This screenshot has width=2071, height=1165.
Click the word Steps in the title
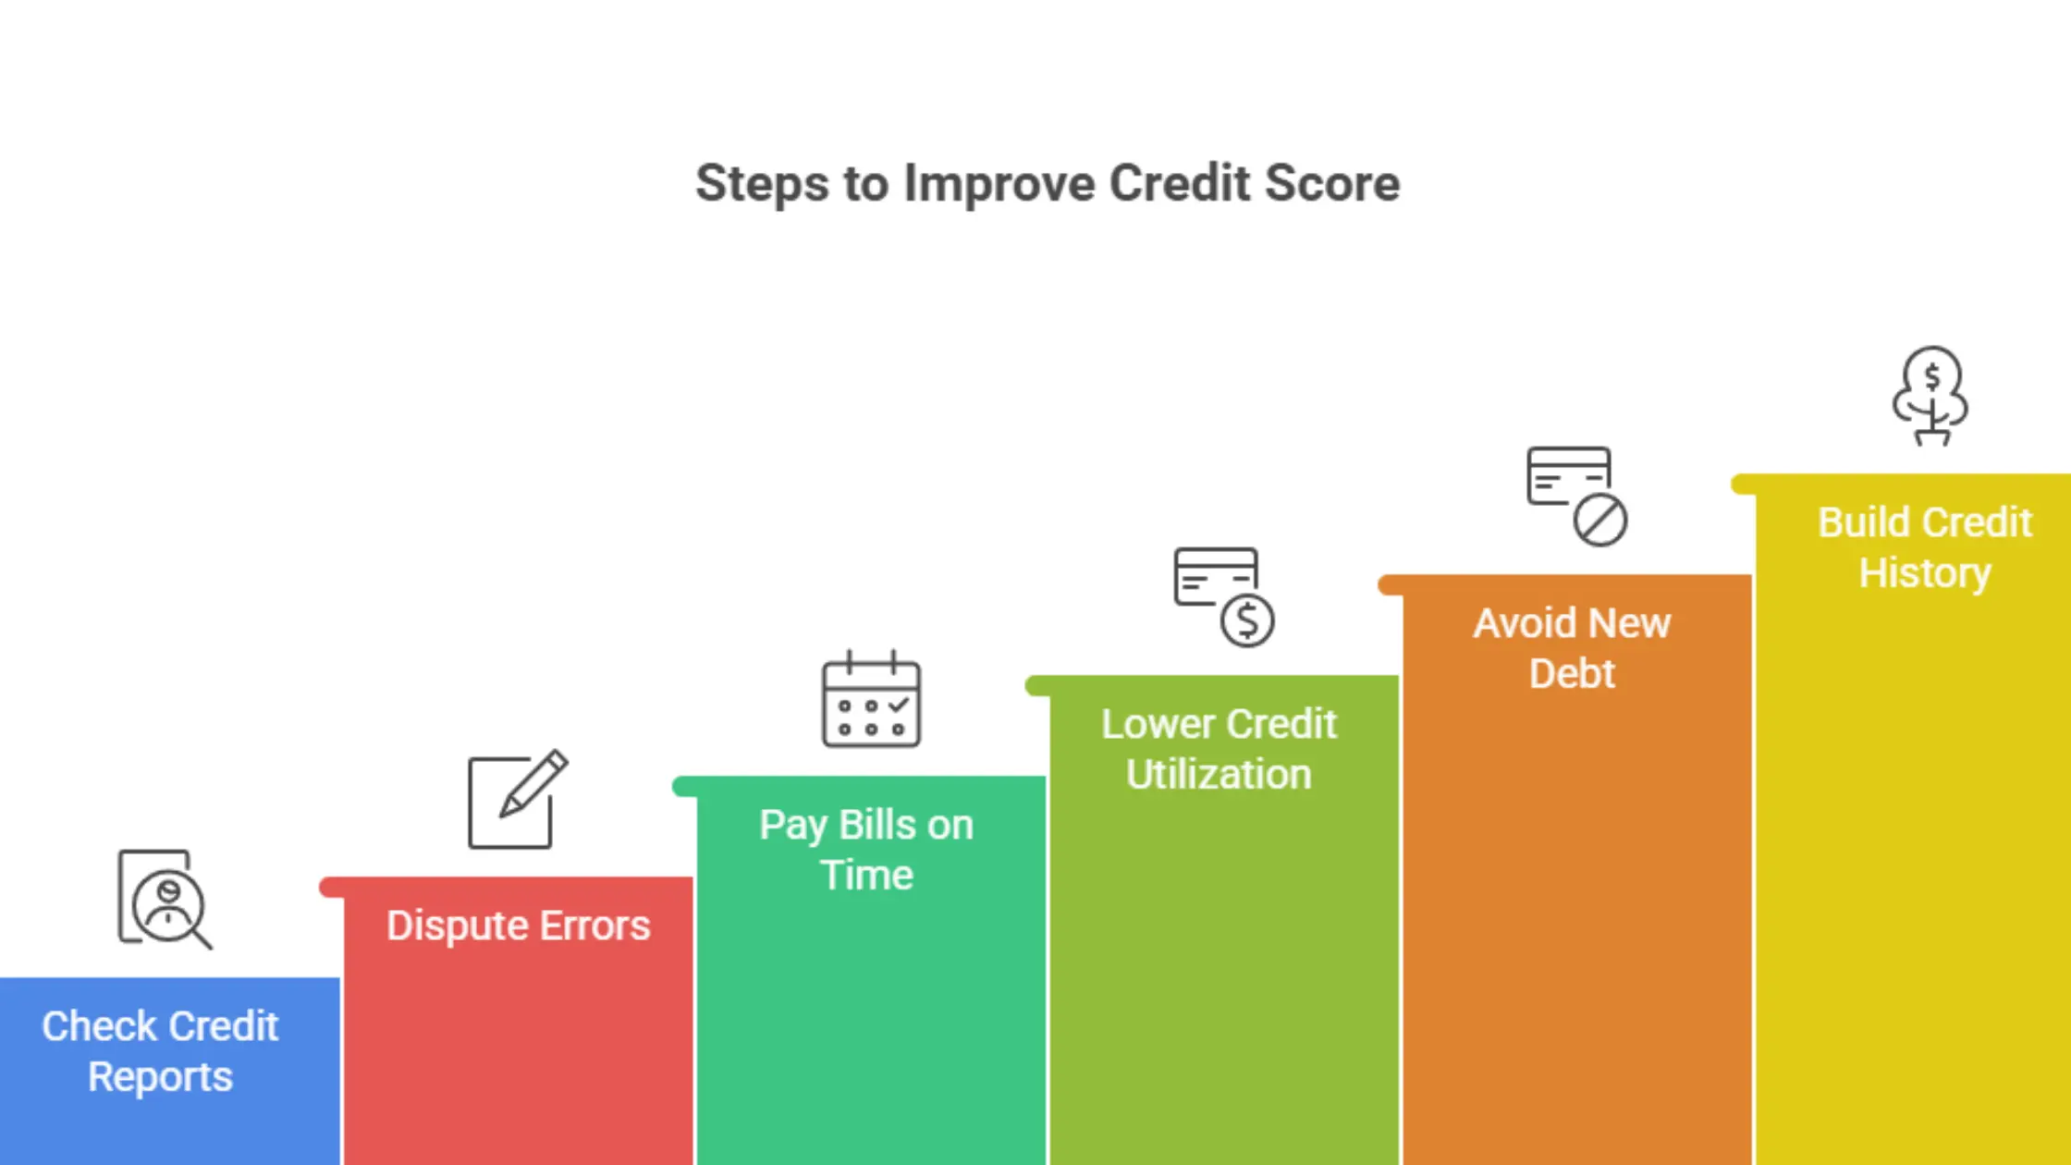click(x=762, y=183)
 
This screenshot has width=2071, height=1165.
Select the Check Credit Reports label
click(x=160, y=1051)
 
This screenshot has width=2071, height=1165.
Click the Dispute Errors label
click(x=518, y=926)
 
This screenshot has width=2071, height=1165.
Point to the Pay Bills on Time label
click(x=866, y=850)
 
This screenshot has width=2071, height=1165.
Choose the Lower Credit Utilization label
click(x=1219, y=749)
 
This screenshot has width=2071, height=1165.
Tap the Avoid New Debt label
click(x=1572, y=648)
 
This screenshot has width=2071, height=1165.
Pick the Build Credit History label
click(x=1925, y=547)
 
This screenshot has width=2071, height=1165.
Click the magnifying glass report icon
click(x=165, y=899)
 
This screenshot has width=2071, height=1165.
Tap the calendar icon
click(x=871, y=699)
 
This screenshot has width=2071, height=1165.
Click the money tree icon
click(x=1930, y=396)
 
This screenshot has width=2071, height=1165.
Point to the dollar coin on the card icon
click(x=1247, y=620)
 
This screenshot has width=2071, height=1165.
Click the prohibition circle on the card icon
click(x=1600, y=520)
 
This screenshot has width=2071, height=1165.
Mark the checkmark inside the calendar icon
click(x=898, y=705)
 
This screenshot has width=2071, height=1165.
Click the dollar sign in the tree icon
click(x=1932, y=376)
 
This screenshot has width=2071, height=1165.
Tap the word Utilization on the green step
click(x=1219, y=774)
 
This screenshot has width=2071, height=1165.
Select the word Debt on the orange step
click(x=1572, y=673)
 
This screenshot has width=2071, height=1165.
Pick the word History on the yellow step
click(x=1925, y=572)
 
